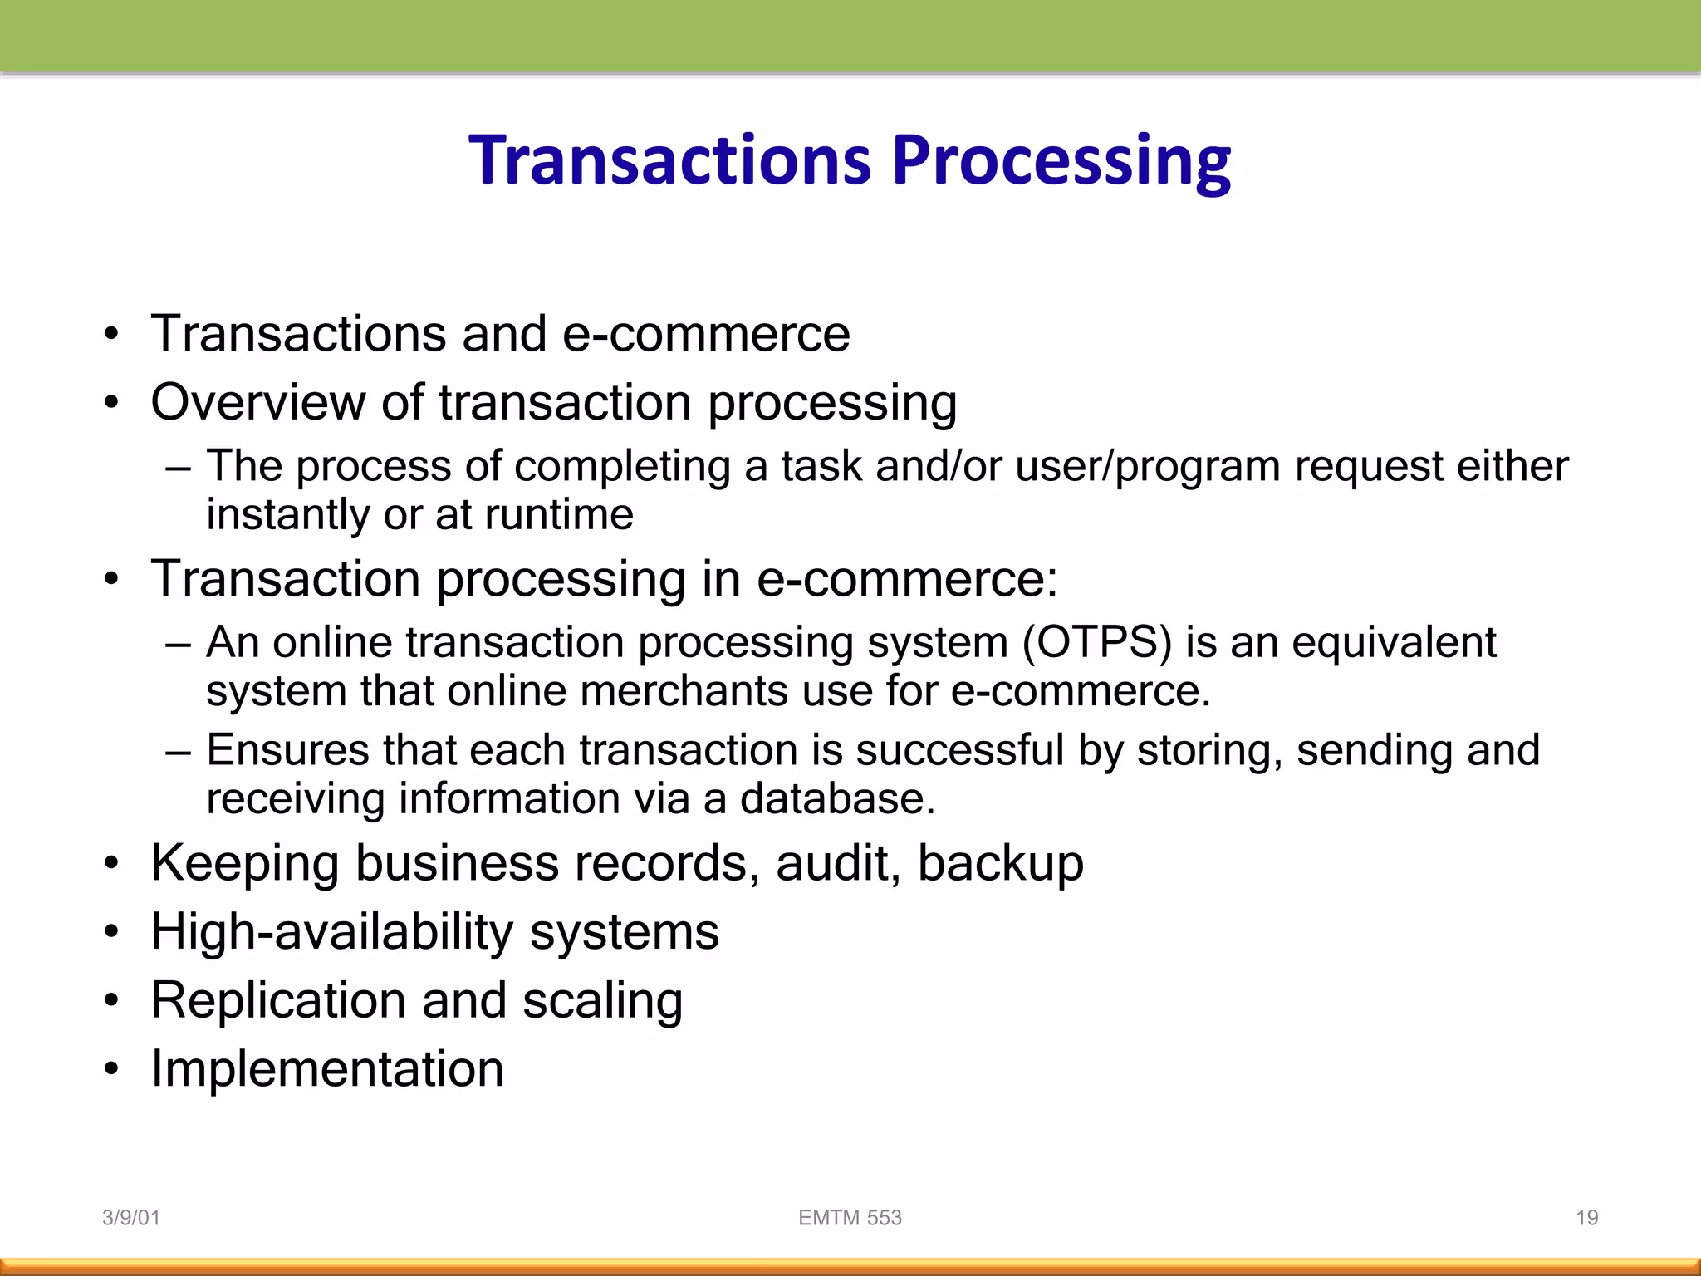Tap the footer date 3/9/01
click(130, 1218)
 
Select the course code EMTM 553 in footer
click(850, 1218)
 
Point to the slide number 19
click(1586, 1218)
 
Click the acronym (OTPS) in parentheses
click(1096, 642)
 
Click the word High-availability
click(332, 932)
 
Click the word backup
click(1000, 863)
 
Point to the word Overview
click(257, 402)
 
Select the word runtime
click(559, 514)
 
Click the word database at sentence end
click(836, 798)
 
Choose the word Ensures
click(287, 750)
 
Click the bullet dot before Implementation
click(112, 1069)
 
